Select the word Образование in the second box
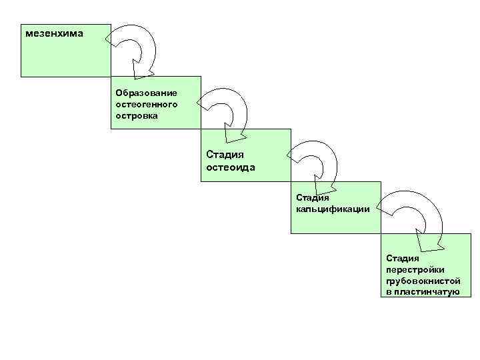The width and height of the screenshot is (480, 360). (x=146, y=92)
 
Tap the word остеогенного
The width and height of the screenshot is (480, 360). (x=146, y=104)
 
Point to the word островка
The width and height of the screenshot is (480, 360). (x=137, y=115)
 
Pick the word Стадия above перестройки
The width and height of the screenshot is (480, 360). (x=402, y=259)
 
